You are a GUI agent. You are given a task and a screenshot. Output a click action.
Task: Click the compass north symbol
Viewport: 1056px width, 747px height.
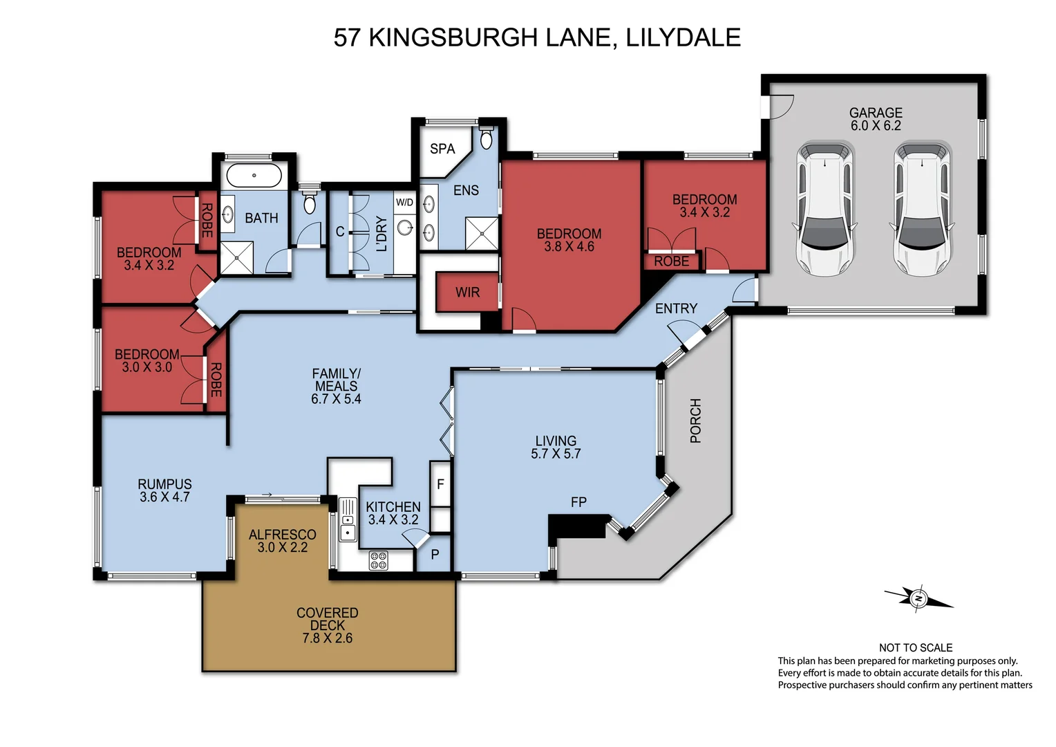pos(918,598)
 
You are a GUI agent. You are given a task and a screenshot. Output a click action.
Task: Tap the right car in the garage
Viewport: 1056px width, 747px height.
pos(923,208)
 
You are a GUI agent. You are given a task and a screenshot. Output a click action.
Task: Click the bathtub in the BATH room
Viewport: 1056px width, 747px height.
pos(254,176)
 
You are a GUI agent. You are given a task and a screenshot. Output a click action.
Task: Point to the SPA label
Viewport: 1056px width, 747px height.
pos(442,149)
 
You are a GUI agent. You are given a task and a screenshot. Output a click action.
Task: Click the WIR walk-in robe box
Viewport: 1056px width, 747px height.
pos(467,293)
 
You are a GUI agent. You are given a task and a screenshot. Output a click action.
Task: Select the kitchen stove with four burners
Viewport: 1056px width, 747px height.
pos(379,560)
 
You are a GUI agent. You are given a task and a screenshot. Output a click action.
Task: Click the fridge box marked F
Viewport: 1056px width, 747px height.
pos(440,484)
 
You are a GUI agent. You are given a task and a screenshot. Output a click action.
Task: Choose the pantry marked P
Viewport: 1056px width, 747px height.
pos(435,554)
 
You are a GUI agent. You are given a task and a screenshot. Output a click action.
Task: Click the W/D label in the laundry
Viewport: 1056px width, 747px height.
pos(404,203)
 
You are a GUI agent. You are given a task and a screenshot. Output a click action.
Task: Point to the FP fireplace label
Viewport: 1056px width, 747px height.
pos(578,502)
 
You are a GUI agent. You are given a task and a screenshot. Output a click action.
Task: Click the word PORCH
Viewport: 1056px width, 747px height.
pos(695,421)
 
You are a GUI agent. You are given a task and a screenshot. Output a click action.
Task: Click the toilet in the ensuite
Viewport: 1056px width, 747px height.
pos(486,138)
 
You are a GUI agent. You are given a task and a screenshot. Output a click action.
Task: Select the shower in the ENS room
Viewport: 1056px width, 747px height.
pos(481,234)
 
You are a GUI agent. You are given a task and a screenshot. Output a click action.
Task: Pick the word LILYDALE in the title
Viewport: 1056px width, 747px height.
pos(683,37)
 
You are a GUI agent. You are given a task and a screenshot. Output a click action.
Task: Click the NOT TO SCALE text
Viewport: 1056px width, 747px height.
pos(916,647)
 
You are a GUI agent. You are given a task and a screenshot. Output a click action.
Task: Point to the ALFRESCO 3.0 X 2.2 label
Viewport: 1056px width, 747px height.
pos(283,541)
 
